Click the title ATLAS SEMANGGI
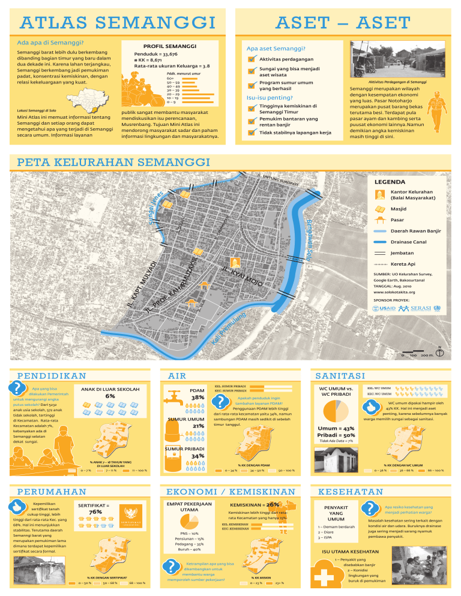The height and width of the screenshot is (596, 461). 117,23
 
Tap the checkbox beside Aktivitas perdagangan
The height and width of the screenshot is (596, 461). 251,59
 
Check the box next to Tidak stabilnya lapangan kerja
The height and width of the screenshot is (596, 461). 251,133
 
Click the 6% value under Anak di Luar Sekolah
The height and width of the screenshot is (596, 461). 110,396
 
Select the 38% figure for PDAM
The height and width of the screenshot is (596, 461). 197,398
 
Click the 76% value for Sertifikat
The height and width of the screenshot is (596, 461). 95,512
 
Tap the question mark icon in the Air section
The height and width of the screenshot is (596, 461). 221,402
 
